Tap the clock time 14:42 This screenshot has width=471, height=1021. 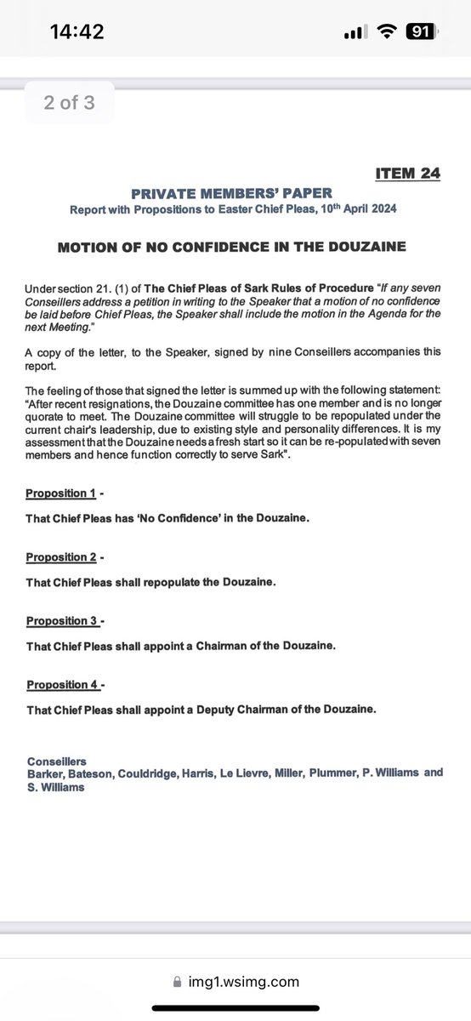(77, 32)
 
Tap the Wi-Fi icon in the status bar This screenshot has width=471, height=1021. (388, 32)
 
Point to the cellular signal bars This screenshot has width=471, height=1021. (355, 33)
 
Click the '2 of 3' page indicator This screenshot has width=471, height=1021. (70, 103)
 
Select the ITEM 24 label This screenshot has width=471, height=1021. (407, 174)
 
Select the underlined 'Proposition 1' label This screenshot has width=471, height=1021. (60, 493)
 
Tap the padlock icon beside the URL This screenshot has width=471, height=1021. (177, 982)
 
